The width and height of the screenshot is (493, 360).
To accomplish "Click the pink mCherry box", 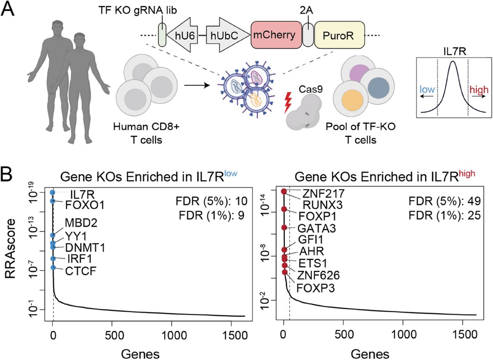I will [x=276, y=35].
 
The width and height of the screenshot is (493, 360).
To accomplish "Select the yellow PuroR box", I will [x=339, y=35].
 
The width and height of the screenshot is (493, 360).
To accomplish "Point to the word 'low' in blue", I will [x=428, y=89].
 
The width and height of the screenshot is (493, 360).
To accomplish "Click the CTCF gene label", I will [x=80, y=272].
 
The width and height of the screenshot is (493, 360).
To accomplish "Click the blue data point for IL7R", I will [x=53, y=192].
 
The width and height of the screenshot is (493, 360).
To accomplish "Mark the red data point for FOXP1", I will [x=284, y=209].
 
